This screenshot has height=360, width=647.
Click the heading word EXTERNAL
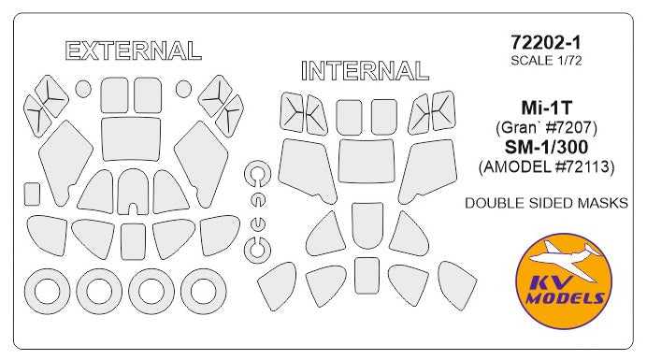click(134, 50)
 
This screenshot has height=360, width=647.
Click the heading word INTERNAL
click(365, 70)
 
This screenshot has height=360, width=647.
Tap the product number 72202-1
click(546, 42)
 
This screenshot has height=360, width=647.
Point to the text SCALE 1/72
click(546, 60)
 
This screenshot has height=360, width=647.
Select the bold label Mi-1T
click(546, 108)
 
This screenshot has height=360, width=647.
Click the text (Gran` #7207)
click(546, 127)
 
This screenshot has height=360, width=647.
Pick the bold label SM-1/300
click(546, 147)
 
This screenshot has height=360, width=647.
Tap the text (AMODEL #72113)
click(546, 166)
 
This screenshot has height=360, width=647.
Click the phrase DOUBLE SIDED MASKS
click(546, 203)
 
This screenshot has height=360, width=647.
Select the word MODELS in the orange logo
click(565, 298)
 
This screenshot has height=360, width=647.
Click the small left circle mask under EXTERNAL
click(83, 89)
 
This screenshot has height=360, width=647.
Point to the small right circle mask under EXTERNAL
click(183, 88)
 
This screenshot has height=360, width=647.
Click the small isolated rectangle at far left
click(32, 194)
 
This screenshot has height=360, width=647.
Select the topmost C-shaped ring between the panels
click(250, 173)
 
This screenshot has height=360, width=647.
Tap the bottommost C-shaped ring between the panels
click(250, 251)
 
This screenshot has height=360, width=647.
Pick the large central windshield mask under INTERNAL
click(366, 161)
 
